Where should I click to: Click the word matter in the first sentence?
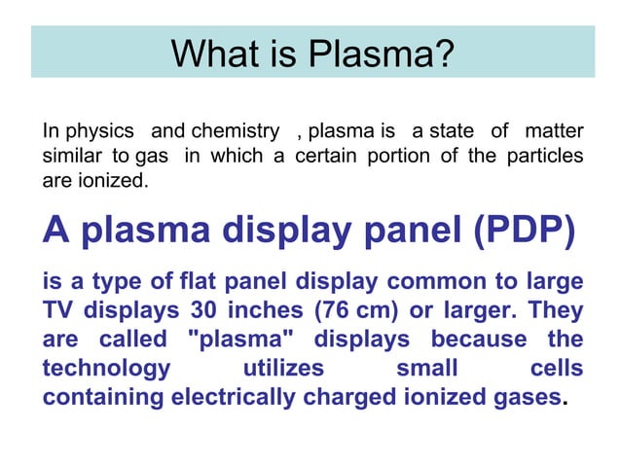[554, 131]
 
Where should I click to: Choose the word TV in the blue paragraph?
[58, 311]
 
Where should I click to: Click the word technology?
[106, 370]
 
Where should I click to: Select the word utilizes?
[282, 370]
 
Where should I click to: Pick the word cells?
[557, 370]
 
